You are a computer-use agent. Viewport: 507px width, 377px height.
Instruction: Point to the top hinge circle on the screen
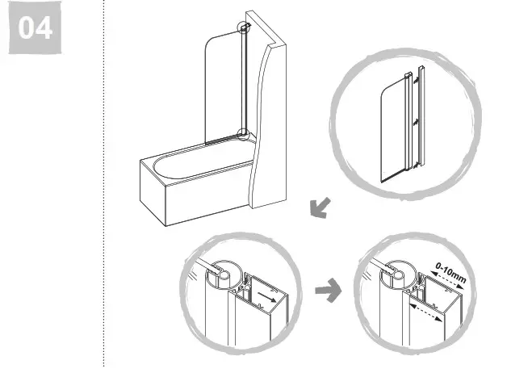point(243,27)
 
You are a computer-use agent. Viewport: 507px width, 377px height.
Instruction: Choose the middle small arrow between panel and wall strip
point(413,121)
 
